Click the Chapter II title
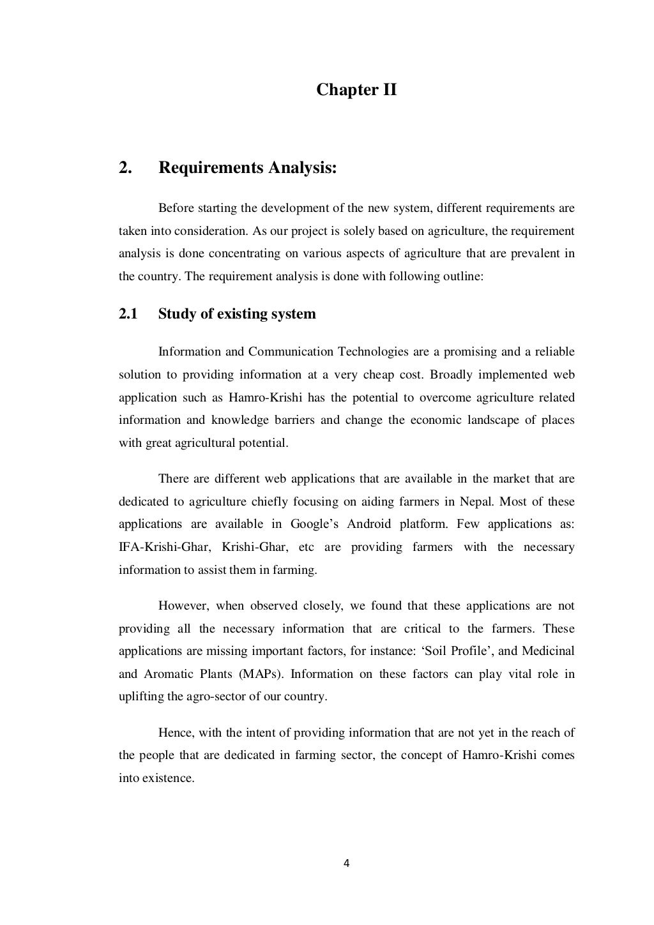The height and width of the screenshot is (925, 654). pos(356,90)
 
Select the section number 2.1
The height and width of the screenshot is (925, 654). pos(128,314)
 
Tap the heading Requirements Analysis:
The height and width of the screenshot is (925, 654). pos(247,168)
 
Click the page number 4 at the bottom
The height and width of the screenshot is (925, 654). pos(346,864)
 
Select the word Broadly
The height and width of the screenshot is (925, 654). pos(460,374)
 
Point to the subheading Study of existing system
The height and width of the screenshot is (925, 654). pos(237,314)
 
